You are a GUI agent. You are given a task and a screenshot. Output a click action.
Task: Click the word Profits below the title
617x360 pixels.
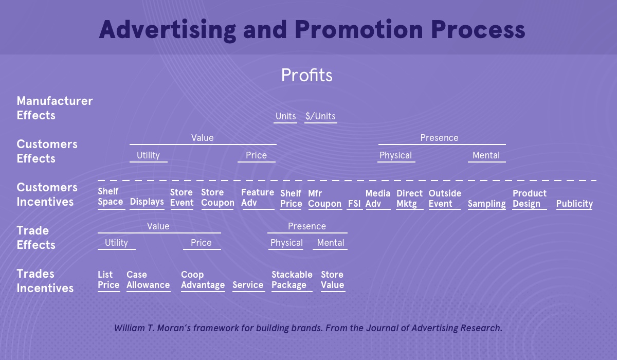click(x=306, y=75)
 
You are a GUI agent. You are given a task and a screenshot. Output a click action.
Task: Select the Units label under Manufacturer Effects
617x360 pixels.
click(x=286, y=116)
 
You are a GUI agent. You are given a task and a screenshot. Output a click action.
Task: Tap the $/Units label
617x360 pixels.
click(x=320, y=116)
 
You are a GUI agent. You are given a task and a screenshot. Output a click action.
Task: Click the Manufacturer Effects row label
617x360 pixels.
click(x=55, y=108)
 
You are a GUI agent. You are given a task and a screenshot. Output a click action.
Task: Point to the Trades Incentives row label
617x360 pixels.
click(x=45, y=281)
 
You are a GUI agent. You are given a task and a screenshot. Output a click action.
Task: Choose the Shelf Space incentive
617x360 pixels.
click(x=110, y=196)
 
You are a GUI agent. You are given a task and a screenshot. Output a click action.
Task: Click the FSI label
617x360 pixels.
click(x=354, y=204)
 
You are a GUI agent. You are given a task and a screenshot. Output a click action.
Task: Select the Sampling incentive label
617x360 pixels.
click(x=487, y=204)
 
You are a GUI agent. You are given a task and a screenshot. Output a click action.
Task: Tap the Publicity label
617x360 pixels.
click(x=574, y=204)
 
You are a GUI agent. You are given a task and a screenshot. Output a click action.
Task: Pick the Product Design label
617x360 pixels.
click(x=530, y=199)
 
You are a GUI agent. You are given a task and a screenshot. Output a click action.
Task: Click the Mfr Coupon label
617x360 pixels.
click(x=324, y=199)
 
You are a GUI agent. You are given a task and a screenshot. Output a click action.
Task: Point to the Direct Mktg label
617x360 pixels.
click(x=409, y=199)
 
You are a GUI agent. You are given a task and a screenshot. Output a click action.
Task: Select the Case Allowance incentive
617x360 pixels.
click(x=148, y=280)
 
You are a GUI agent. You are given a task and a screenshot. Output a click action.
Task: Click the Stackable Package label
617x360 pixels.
click(x=292, y=280)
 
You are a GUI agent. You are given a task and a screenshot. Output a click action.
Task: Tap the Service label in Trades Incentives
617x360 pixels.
click(x=248, y=285)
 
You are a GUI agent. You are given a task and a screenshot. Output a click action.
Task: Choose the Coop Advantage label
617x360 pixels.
click(x=203, y=280)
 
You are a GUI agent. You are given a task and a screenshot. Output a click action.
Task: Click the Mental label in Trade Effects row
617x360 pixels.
click(x=331, y=243)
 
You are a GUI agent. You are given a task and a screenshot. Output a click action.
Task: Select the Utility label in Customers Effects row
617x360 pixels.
click(x=148, y=155)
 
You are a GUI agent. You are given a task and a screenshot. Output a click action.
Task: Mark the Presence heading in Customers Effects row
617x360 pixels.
click(x=439, y=138)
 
